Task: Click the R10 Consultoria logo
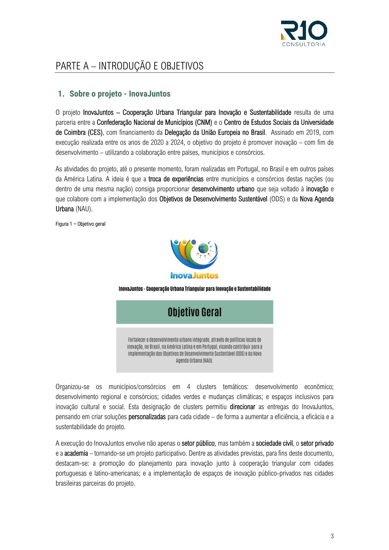[304, 31]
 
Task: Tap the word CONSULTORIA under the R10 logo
[304, 44]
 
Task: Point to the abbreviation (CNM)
[204, 123]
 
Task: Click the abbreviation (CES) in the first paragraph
[95, 132]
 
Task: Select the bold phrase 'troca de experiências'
[176, 179]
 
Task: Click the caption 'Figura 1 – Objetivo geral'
[80, 224]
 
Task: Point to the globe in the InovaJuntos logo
[203, 248]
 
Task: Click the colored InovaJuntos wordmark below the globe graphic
[194, 275]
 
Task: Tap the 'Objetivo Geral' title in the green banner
[194, 312]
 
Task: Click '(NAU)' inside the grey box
[208, 361]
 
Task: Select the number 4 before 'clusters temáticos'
[189, 387]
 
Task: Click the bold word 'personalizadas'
[147, 417]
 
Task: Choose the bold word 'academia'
[76, 453]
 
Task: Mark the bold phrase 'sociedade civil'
[274, 443]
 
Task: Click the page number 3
[332, 536]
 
